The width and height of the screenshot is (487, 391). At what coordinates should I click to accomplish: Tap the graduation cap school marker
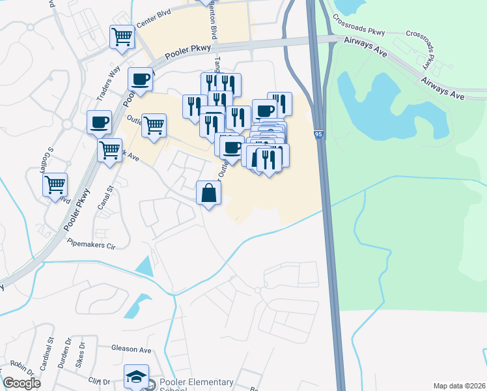point(136,377)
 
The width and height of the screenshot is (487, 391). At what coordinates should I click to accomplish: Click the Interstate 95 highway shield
point(318,134)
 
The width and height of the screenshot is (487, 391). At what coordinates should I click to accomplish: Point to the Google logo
point(22,383)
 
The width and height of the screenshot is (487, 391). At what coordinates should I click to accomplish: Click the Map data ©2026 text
point(458,386)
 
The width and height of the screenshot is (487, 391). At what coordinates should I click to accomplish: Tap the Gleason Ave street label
point(131,349)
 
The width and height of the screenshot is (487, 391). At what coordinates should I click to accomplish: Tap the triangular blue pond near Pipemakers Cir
point(145,265)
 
